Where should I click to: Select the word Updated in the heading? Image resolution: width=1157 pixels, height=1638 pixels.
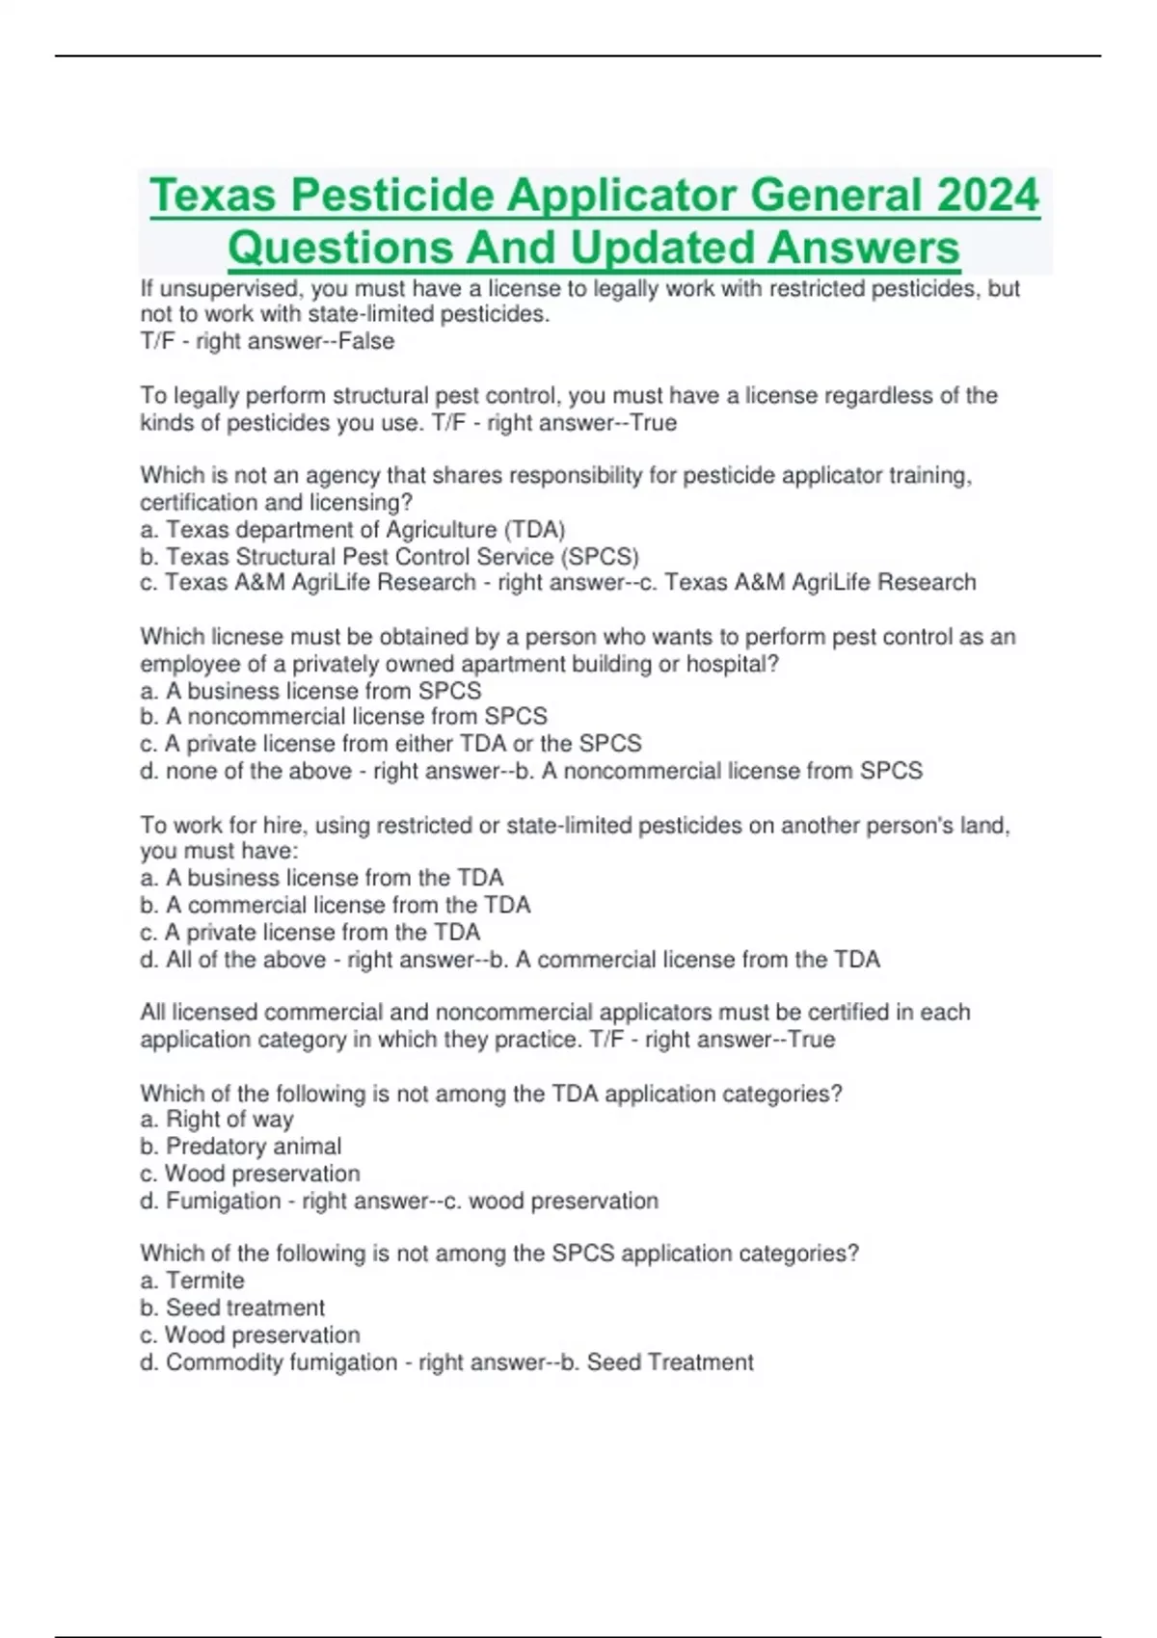pyautogui.click(x=668, y=248)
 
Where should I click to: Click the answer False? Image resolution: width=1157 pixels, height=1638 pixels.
pyautogui.click(x=366, y=341)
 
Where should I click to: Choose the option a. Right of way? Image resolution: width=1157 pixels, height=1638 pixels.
pyautogui.click(x=217, y=1120)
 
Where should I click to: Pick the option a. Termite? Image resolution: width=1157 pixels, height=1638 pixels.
pyautogui.click(x=193, y=1281)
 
